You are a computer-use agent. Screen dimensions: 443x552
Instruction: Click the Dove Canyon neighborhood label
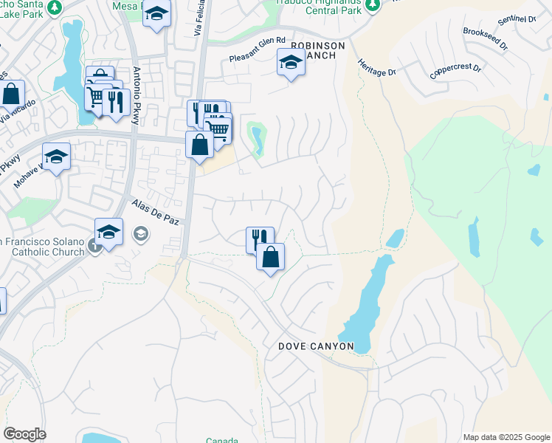pyautogui.click(x=316, y=346)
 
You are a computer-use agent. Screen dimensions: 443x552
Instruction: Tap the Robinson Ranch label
pyautogui.click(x=318, y=50)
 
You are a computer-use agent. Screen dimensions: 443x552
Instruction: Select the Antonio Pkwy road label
pyautogui.click(x=137, y=96)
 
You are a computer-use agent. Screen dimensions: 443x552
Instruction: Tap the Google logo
pyautogui.click(x=24, y=434)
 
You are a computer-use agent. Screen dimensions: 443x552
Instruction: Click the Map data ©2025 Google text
pyautogui.click(x=506, y=437)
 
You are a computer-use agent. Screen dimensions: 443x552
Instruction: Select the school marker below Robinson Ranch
pyautogui.click(x=291, y=63)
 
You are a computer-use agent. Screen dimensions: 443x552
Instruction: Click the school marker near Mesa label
pyautogui.click(x=156, y=15)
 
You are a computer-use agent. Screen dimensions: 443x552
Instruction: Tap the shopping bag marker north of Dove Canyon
pyautogui.click(x=271, y=258)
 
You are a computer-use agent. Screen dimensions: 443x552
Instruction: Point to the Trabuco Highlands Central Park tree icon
pyautogui.click(x=373, y=5)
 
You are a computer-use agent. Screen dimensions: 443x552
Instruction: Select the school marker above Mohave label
pyautogui.click(x=55, y=157)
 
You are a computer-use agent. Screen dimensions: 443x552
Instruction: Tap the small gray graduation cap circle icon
pyautogui.click(x=139, y=235)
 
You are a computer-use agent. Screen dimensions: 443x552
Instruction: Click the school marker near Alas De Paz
pyautogui.click(x=108, y=232)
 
